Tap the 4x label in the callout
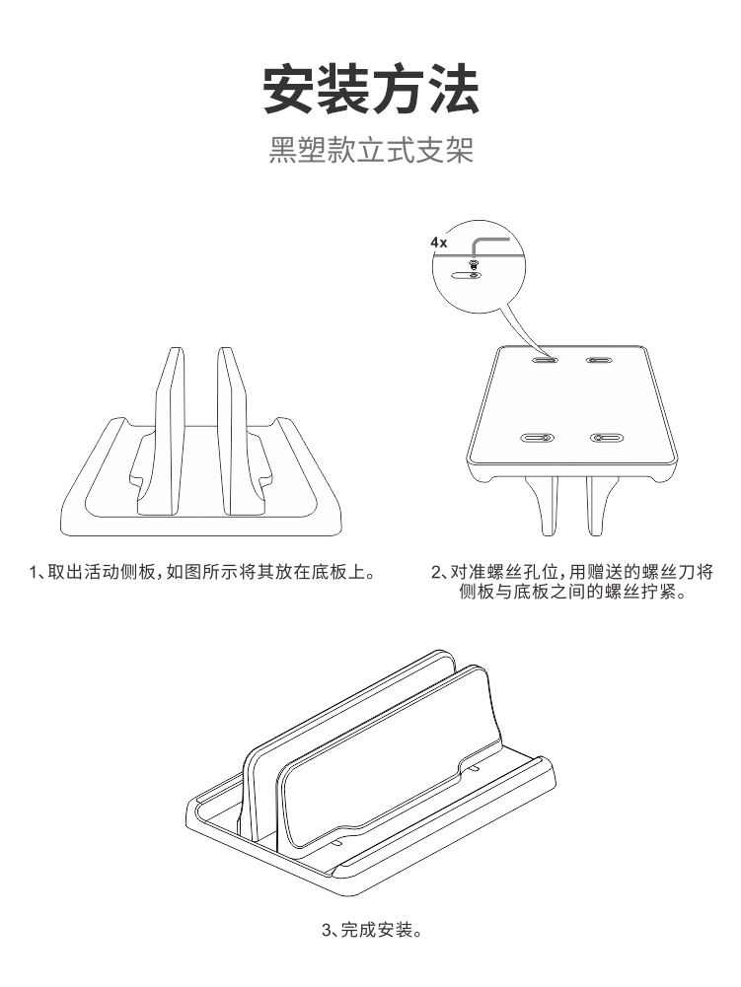coord(438,241)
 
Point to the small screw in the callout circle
coord(475,263)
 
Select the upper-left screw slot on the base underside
coord(543,360)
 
